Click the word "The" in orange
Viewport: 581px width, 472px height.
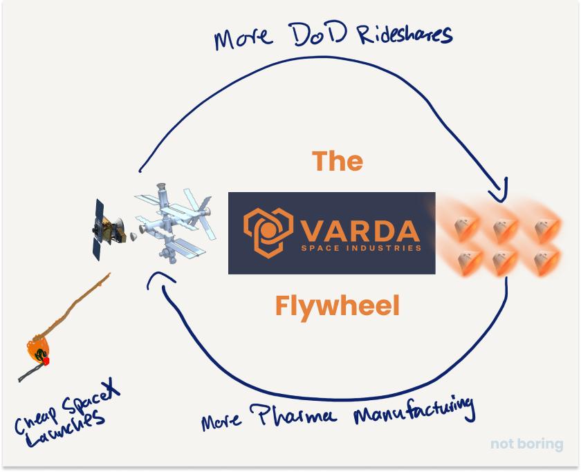(338, 161)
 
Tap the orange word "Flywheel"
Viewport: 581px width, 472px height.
(338, 307)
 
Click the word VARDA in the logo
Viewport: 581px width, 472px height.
(360, 231)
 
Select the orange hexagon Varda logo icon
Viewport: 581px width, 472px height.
(268, 232)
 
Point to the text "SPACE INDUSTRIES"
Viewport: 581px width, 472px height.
(361, 247)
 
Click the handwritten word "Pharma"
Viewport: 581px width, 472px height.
(293, 415)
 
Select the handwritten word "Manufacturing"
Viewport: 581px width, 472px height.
(414, 411)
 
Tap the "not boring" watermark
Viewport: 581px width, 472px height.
(526, 444)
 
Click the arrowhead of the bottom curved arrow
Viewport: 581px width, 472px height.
(158, 279)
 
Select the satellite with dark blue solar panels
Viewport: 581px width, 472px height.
(108, 229)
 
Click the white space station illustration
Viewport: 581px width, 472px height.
(173, 223)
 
